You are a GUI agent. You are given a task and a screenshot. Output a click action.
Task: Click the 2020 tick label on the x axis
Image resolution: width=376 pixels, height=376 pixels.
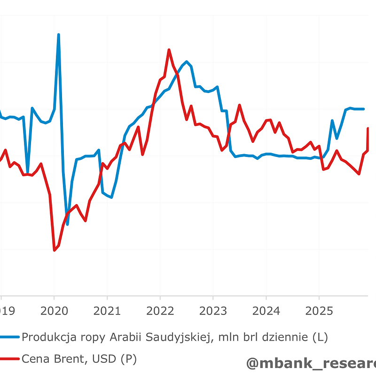[54, 311]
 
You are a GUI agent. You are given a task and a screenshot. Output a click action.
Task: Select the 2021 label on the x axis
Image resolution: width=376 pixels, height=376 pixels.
[107, 311]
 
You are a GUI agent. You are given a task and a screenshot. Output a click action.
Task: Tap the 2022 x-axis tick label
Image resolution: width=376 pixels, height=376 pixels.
[160, 311]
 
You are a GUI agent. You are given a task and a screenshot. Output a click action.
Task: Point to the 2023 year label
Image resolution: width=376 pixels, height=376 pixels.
[213, 311]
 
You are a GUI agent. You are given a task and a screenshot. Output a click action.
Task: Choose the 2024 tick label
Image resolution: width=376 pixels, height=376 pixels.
[266, 311]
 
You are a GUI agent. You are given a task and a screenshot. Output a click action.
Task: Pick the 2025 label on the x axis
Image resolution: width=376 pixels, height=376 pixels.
[319, 311]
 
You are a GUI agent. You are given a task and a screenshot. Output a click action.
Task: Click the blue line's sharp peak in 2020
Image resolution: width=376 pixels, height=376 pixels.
[59, 34]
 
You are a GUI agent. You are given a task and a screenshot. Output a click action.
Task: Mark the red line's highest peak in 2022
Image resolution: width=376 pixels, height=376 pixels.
[169, 49]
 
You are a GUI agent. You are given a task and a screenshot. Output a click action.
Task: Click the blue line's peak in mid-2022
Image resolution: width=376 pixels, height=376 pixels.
[187, 62]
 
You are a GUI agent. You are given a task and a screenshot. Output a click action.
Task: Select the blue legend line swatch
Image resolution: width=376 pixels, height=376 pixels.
[9, 337]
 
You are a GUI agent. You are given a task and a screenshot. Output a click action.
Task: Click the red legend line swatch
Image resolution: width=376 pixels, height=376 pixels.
[9, 359]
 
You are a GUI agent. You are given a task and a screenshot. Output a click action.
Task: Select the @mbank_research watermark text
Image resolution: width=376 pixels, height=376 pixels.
[310, 363]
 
